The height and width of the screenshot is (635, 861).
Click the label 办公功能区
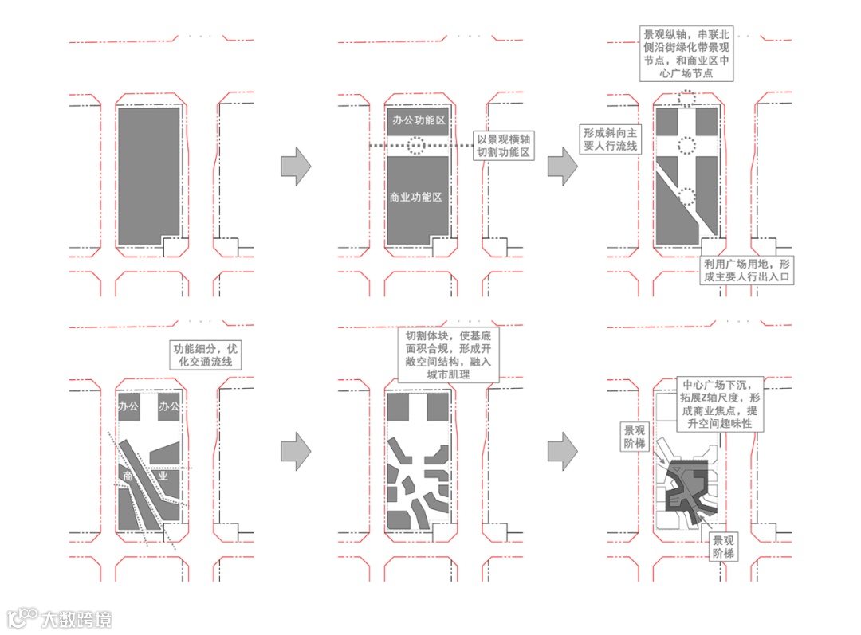click(x=418, y=120)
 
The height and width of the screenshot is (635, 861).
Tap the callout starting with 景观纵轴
click(x=687, y=53)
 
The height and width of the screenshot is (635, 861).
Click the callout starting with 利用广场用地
click(x=749, y=270)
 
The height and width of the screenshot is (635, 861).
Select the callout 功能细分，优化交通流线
click(x=206, y=355)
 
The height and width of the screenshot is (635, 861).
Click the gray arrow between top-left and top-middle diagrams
click(x=296, y=166)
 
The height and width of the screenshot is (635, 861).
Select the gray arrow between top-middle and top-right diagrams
click(x=563, y=166)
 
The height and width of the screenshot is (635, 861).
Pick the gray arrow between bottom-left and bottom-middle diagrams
click(x=296, y=452)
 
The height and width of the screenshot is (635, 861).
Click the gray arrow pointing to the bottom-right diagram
click(x=563, y=452)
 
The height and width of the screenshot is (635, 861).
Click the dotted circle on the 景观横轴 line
click(x=415, y=146)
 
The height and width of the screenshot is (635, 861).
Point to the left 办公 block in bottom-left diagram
click(x=128, y=407)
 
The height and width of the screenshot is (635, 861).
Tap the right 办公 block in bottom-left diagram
click(x=169, y=407)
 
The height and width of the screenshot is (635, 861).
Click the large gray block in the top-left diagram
click(x=149, y=175)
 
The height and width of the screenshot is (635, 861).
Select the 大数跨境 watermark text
click(x=77, y=618)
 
